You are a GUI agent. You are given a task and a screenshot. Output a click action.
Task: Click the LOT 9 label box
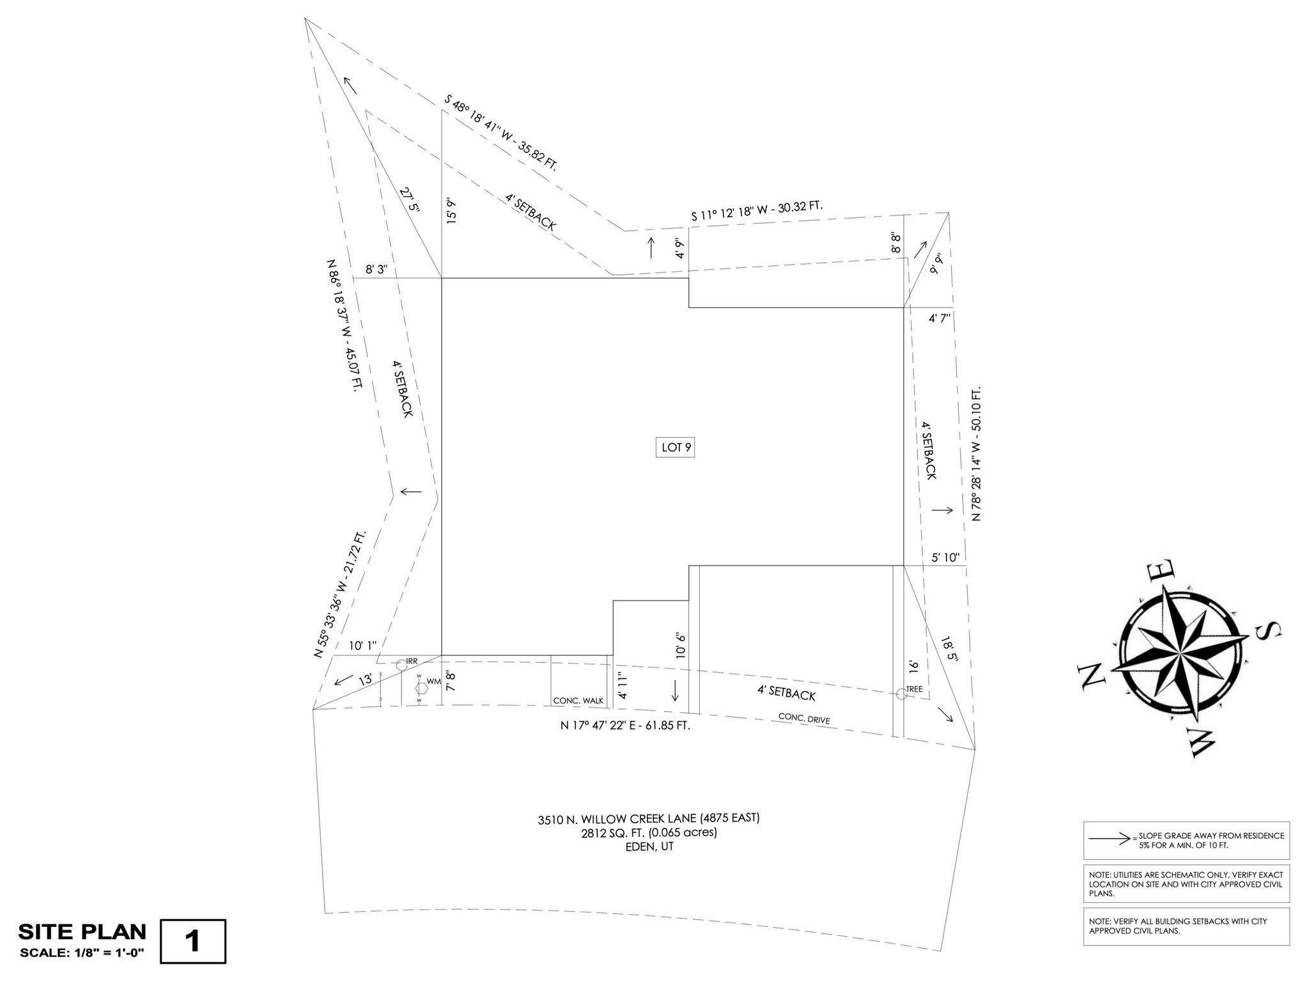click(x=676, y=448)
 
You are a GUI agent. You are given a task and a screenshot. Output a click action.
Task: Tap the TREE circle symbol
click(x=901, y=693)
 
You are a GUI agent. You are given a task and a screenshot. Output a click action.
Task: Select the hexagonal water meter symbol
click(x=421, y=688)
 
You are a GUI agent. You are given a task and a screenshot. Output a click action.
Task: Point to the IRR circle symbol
click(x=401, y=665)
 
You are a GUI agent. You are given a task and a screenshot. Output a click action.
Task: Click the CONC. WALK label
click(x=578, y=701)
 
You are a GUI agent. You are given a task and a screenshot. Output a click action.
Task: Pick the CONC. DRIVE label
click(x=804, y=719)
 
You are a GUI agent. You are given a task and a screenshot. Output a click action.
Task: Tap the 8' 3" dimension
click(x=376, y=270)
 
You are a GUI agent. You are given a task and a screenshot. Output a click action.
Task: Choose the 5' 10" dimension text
click(x=945, y=557)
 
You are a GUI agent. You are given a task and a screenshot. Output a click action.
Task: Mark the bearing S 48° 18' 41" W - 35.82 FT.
click(x=501, y=133)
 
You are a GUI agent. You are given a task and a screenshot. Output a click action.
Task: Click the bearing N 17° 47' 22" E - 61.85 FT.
click(x=625, y=726)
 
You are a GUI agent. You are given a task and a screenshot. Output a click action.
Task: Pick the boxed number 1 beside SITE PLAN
click(x=192, y=941)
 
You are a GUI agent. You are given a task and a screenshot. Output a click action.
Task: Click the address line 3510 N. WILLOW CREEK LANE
click(x=648, y=818)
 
